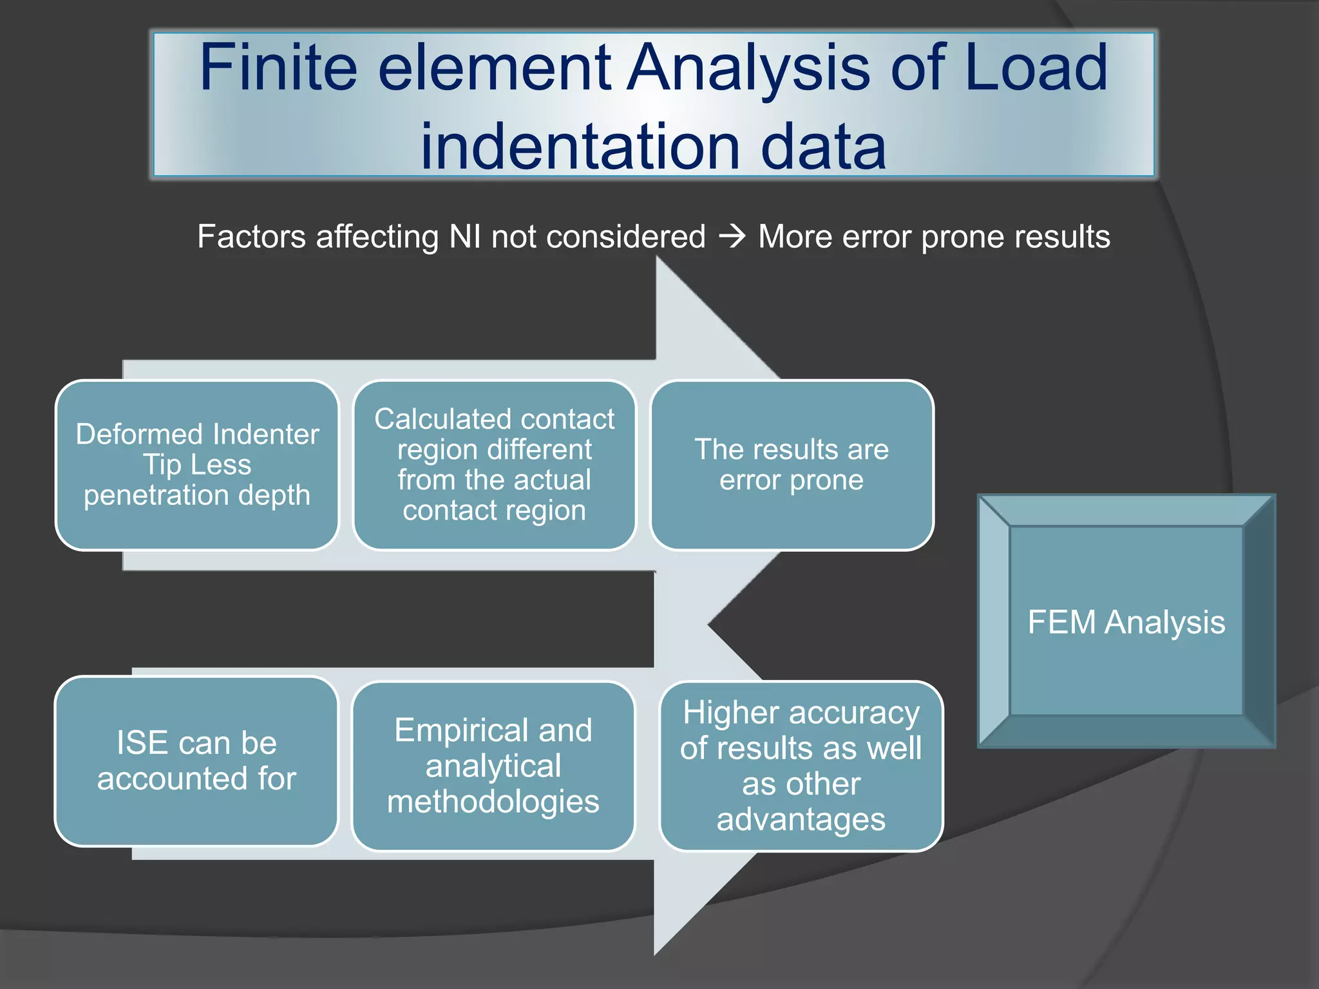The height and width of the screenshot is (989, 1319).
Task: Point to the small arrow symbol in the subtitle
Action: tap(732, 237)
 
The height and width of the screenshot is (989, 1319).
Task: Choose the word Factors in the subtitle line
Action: tap(251, 236)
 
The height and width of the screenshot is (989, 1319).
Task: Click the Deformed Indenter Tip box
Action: tap(197, 465)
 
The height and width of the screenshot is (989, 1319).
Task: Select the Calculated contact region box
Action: tap(494, 465)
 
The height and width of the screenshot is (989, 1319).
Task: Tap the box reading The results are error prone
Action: tap(792, 465)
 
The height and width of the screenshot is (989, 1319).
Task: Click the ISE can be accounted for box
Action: tap(196, 761)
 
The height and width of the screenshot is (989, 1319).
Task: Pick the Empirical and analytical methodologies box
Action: tap(493, 766)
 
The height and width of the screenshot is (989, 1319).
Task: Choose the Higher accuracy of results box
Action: tap(801, 766)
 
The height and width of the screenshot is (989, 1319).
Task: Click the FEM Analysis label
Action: tap(1126, 622)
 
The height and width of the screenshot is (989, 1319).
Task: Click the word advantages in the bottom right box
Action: tap(801, 820)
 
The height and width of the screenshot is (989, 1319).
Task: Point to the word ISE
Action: tap(142, 743)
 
